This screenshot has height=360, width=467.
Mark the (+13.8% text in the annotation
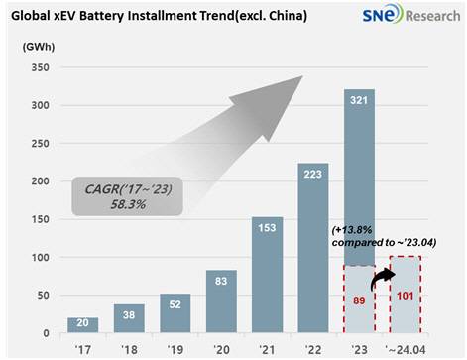point(350,232)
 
